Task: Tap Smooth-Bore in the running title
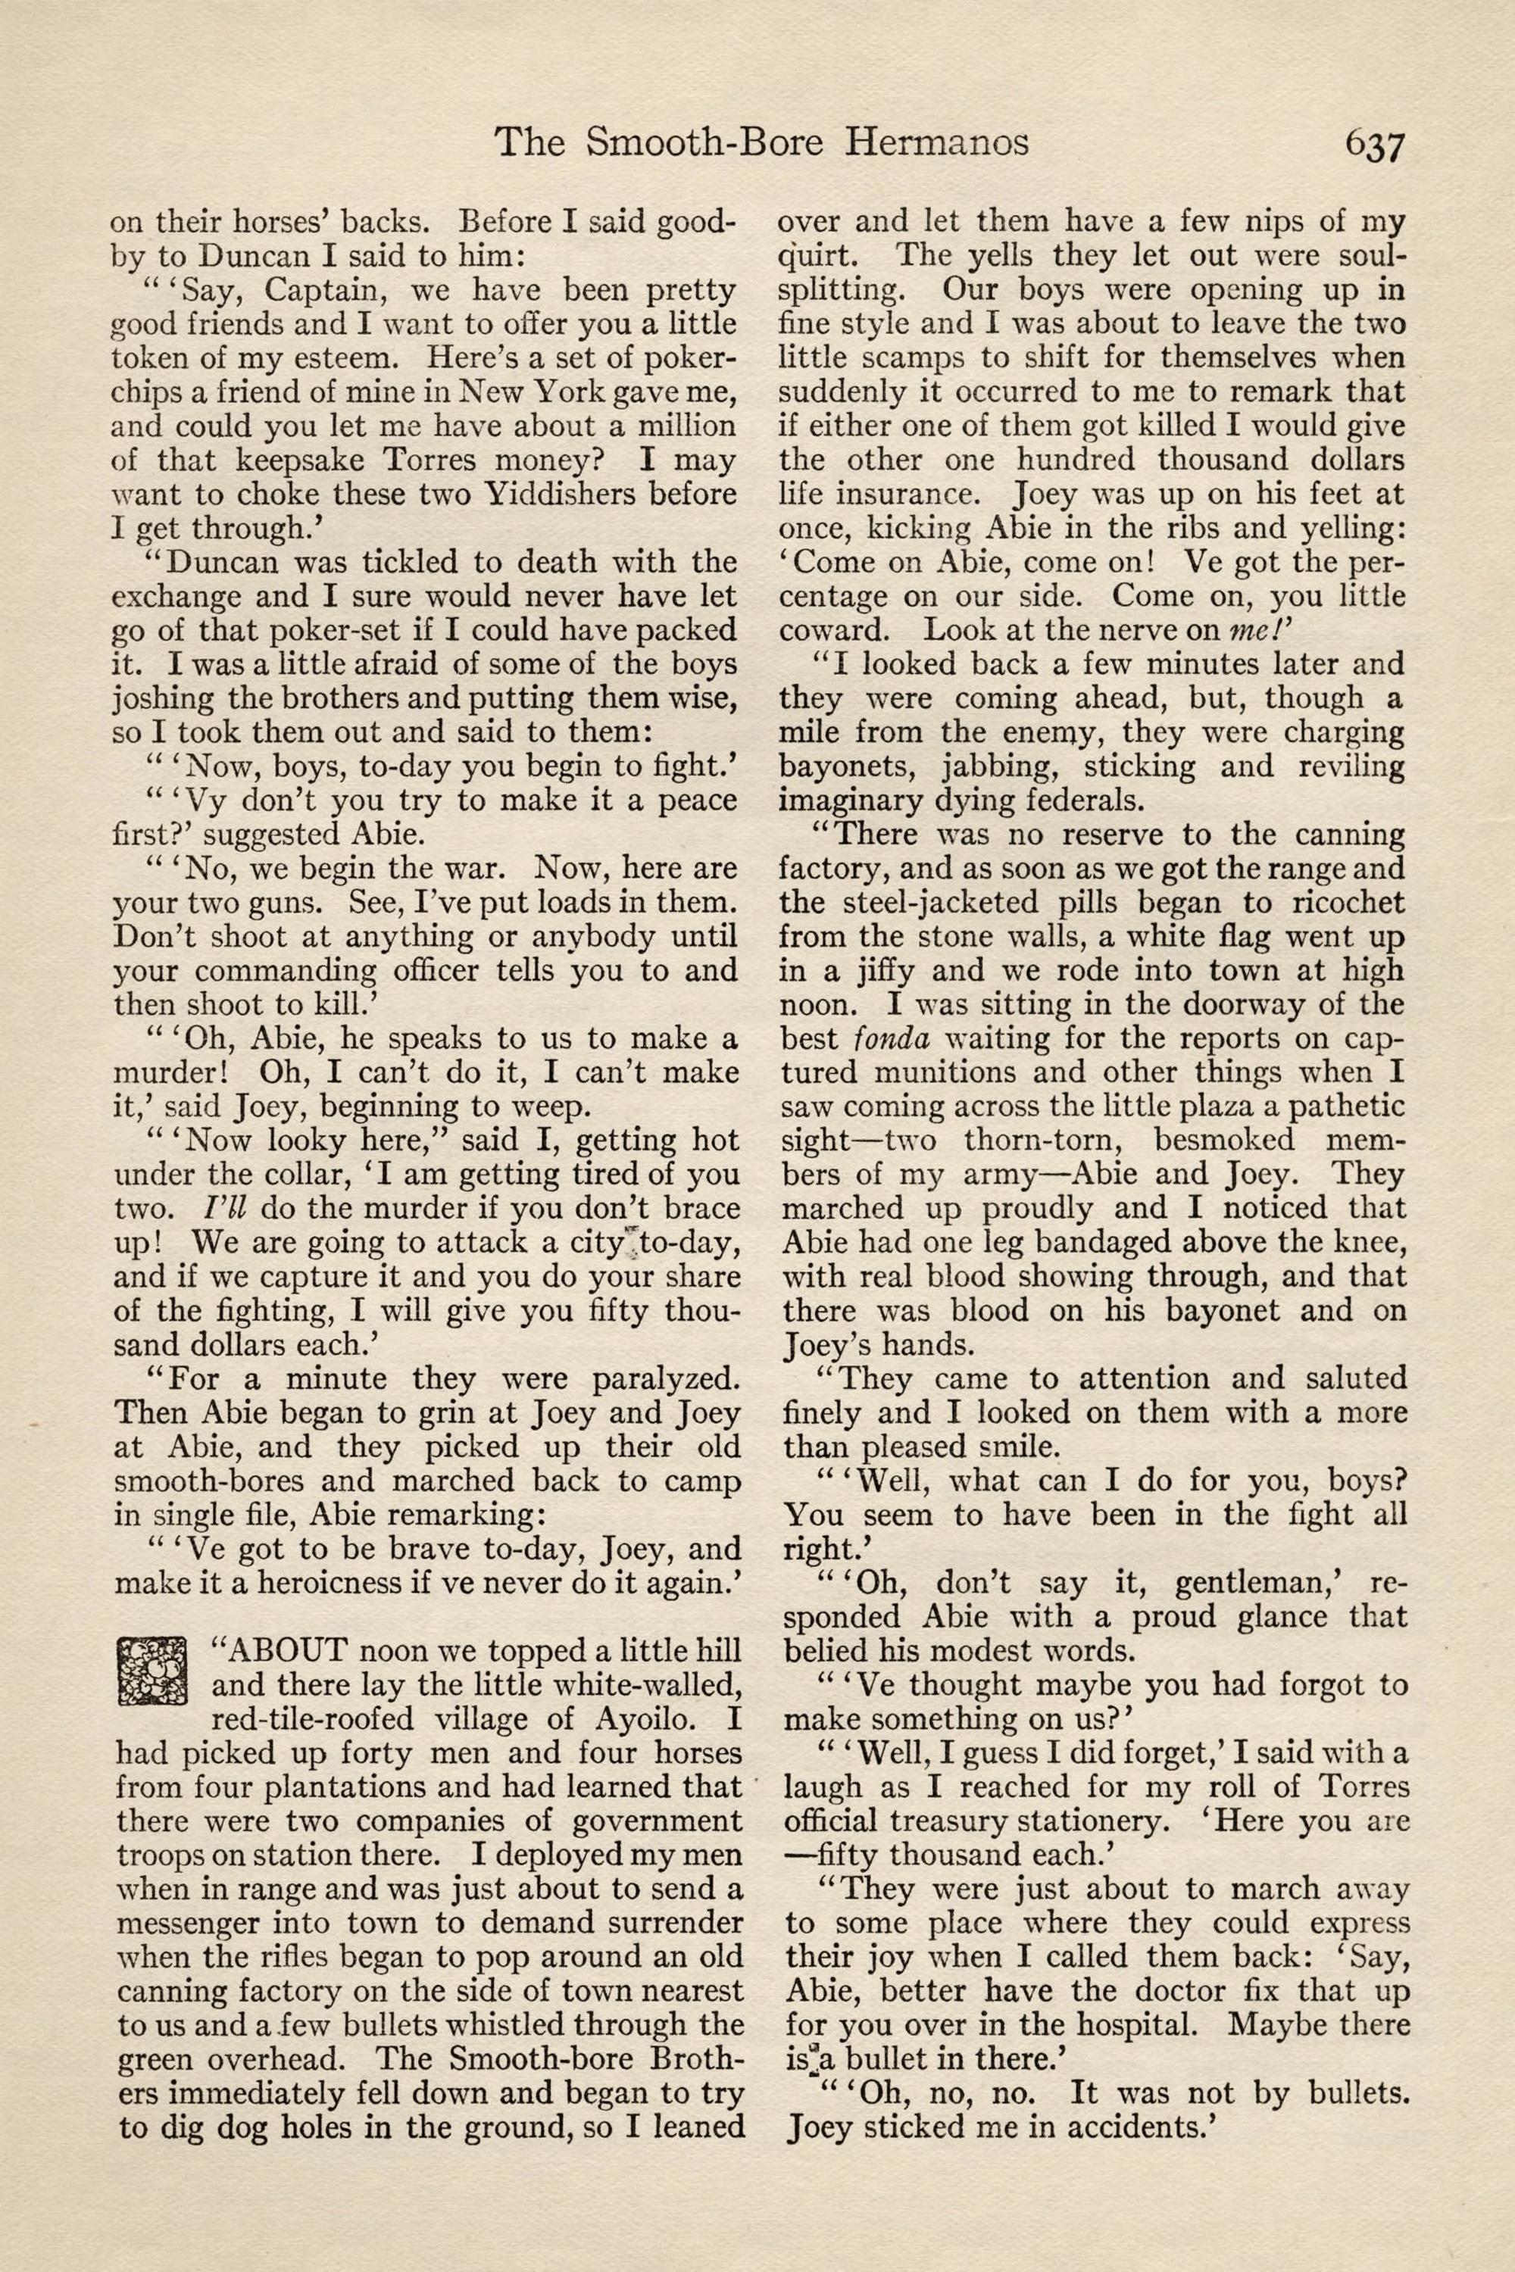[704, 143]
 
